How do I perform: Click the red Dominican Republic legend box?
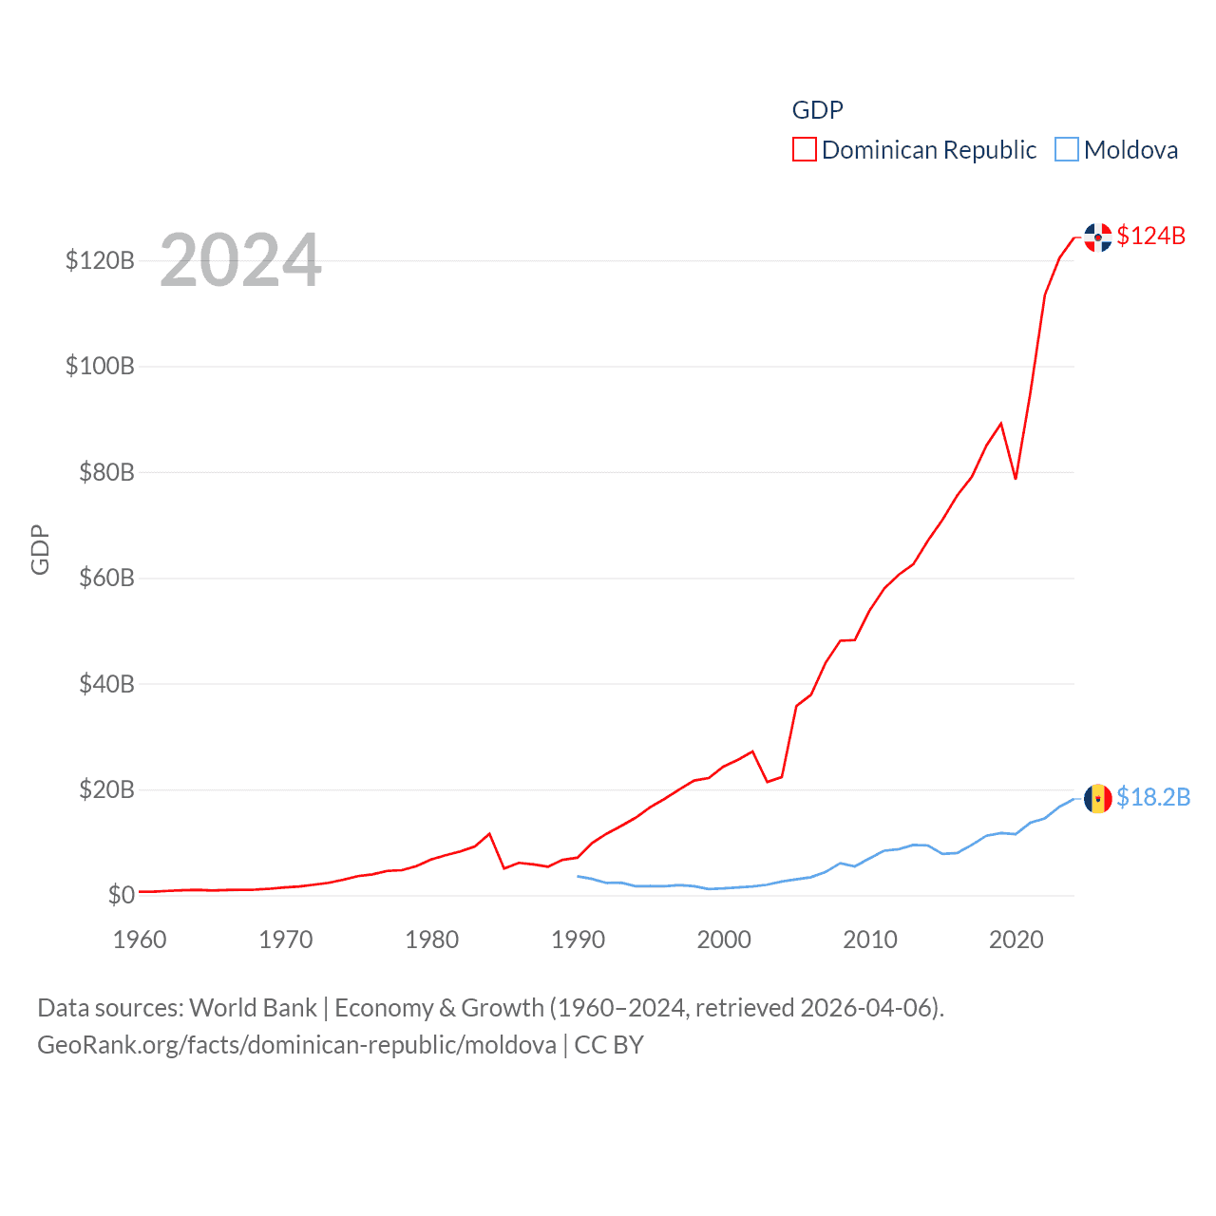(805, 150)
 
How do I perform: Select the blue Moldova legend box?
(1067, 150)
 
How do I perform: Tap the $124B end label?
(1150, 236)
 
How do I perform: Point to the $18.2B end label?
(1153, 797)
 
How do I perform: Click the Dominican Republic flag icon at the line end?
(1098, 237)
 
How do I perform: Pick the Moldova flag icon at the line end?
(1098, 799)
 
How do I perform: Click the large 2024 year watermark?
(240, 260)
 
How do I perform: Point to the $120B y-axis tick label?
(100, 260)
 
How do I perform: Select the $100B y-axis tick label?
(100, 367)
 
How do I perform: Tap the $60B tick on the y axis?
(106, 579)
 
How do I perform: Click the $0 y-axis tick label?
(121, 895)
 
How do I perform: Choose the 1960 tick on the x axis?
(140, 940)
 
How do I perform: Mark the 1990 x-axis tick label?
(578, 940)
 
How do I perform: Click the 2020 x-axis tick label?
(1016, 940)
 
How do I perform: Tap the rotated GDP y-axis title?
(40, 549)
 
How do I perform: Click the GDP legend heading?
(817, 110)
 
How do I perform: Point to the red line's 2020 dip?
(1016, 478)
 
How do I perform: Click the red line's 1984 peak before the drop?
(489, 834)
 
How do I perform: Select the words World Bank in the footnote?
(253, 1008)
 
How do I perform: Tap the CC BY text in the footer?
(609, 1045)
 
